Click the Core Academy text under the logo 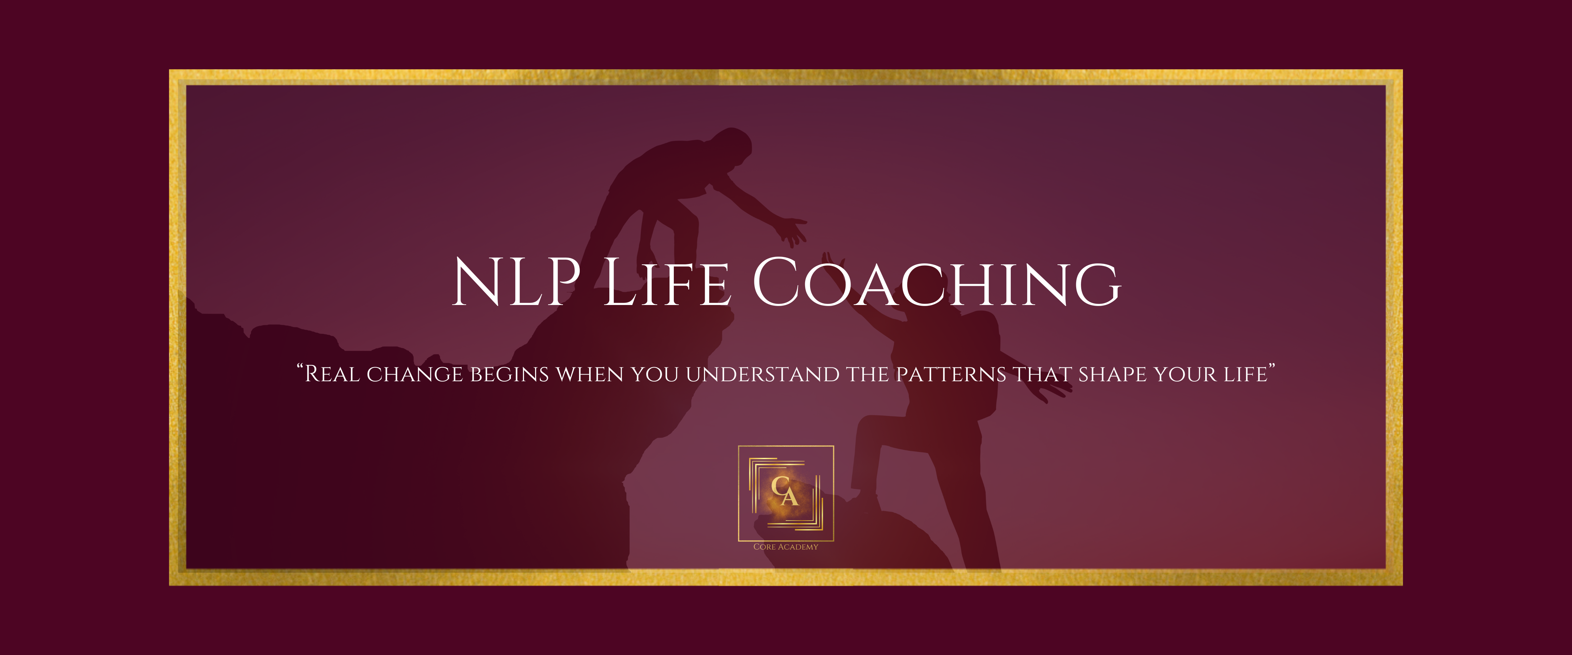(786, 547)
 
